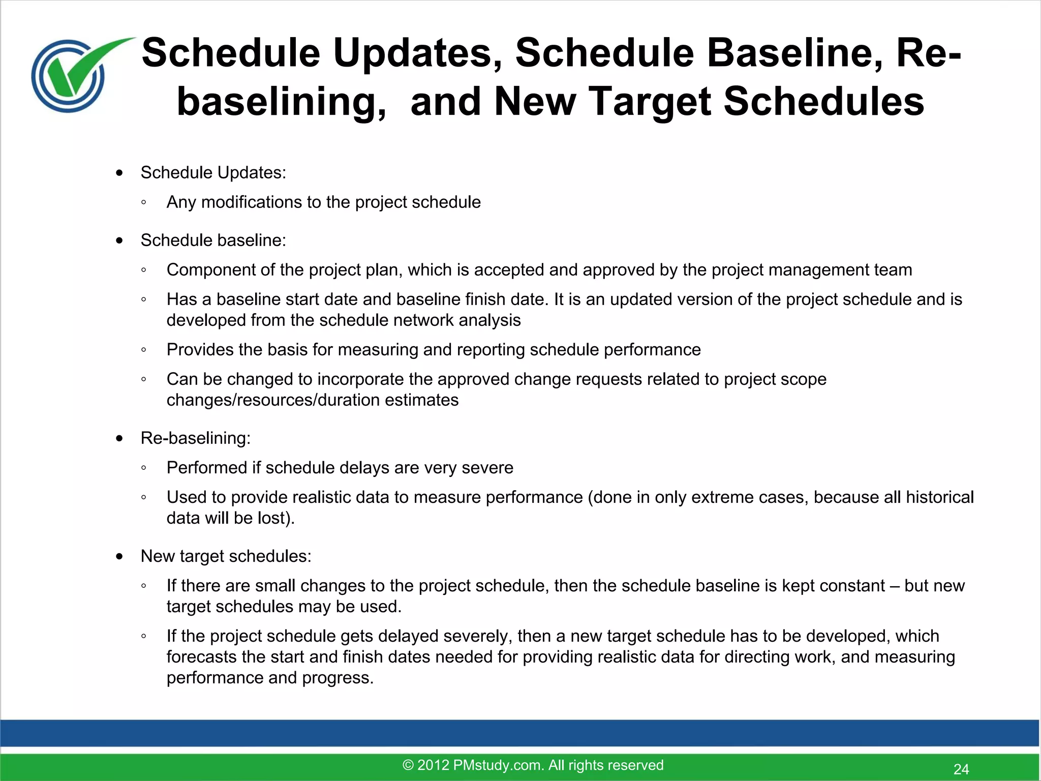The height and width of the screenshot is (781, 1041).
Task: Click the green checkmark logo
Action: pyautogui.click(x=76, y=74)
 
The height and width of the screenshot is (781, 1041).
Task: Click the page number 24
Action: pyautogui.click(x=961, y=769)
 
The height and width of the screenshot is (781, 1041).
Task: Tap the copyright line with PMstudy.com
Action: pyautogui.click(x=533, y=765)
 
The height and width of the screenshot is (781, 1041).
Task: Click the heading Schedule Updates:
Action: pyautogui.click(x=213, y=172)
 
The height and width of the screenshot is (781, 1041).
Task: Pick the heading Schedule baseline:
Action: pyautogui.click(x=213, y=240)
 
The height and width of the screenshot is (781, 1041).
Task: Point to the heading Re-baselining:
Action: pyautogui.click(x=195, y=438)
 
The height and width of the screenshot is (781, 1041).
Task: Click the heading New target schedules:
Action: pyautogui.click(x=226, y=556)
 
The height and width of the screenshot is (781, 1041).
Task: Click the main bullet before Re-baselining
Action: pyautogui.click(x=119, y=438)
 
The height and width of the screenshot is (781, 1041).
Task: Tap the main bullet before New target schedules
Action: pyautogui.click(x=119, y=557)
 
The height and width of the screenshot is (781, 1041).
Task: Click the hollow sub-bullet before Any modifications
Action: pyautogui.click(x=144, y=202)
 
